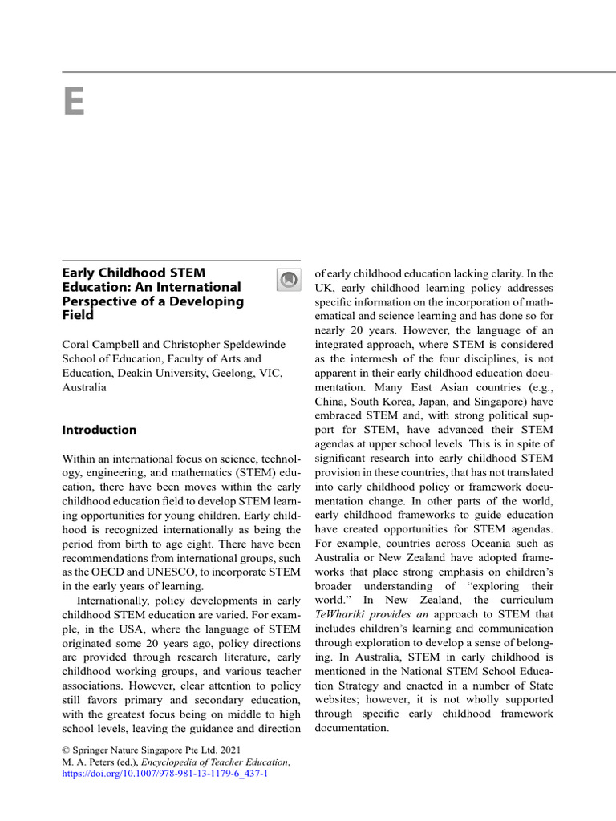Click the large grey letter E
coord(74,101)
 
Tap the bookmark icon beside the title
coord(286,279)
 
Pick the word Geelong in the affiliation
coord(235,373)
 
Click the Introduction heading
coord(99,430)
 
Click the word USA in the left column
coord(126,628)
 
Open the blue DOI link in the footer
coord(165,775)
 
